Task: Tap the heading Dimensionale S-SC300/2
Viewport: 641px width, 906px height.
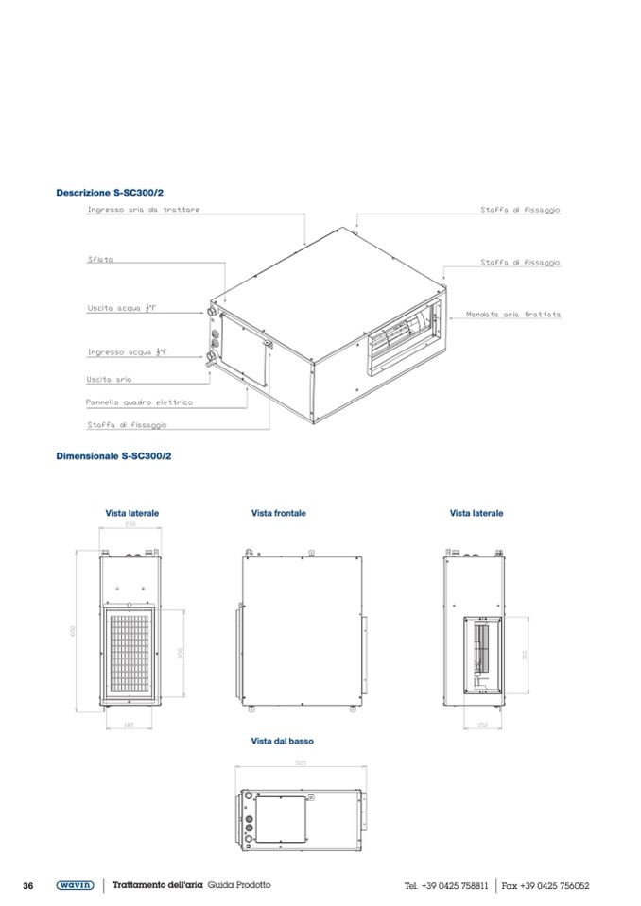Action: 113,456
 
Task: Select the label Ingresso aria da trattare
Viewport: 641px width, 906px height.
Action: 144,210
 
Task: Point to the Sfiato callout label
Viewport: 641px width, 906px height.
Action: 100,260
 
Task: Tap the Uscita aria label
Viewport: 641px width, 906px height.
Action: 109,379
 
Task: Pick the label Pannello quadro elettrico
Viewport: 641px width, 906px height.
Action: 139,402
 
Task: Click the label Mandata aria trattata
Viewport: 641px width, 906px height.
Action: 513,314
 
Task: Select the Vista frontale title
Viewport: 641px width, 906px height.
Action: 279,514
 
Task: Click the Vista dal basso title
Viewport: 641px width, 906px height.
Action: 282,742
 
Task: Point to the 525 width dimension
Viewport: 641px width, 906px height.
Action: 301,762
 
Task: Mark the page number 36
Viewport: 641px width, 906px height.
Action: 28,885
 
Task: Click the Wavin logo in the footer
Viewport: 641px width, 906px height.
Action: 75,885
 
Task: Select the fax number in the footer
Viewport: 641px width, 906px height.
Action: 546,886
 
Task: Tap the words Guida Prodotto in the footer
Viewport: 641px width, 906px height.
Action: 239,885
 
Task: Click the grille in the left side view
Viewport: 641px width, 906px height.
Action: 130,651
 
